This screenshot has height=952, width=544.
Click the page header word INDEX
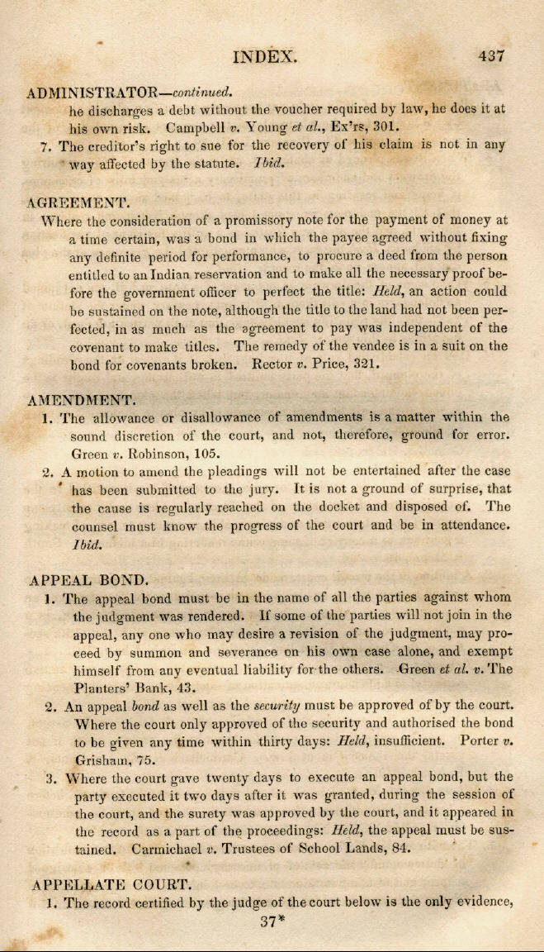[x=265, y=57]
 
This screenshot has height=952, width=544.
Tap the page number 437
[x=490, y=56]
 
